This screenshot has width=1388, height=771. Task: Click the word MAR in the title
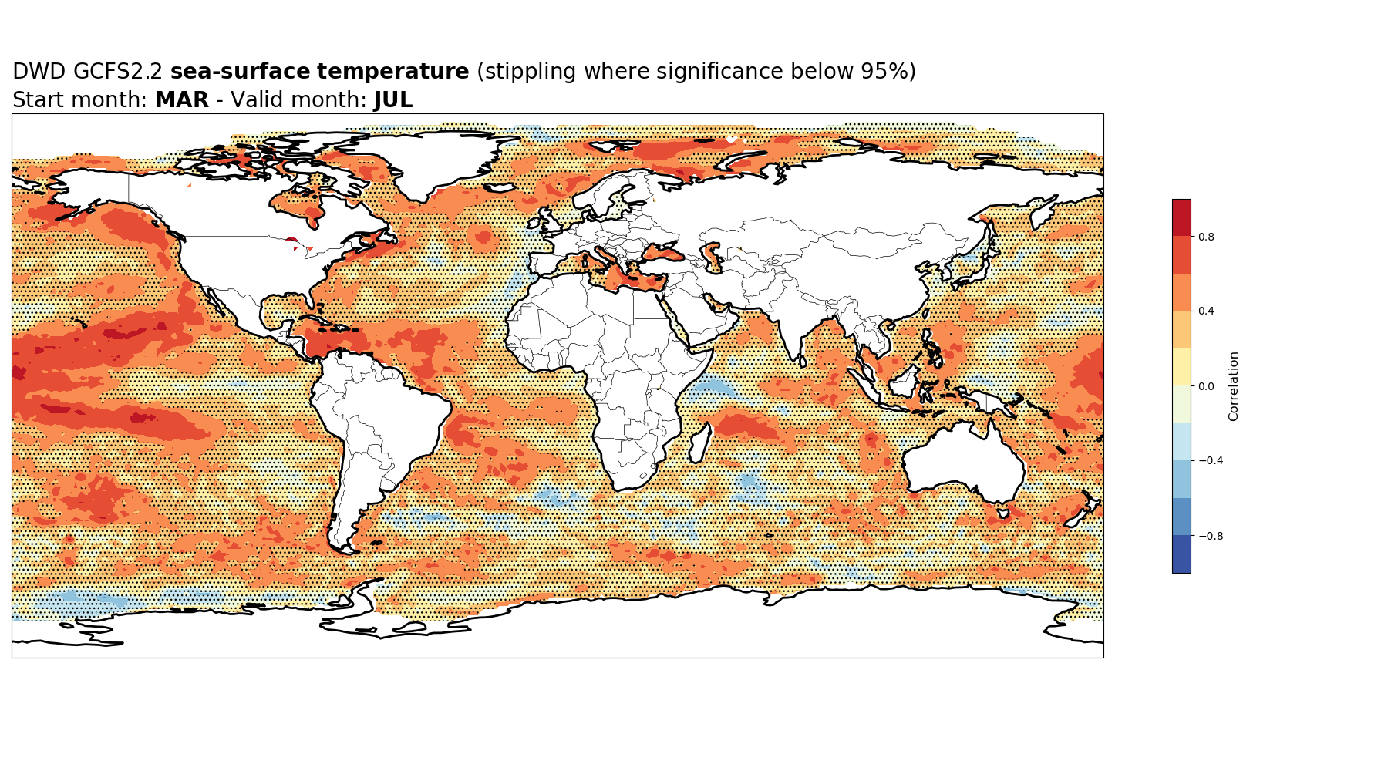(182, 100)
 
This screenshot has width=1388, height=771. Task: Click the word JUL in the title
(393, 100)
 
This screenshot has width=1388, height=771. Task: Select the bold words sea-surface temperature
(319, 72)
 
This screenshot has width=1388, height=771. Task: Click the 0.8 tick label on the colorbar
(1206, 237)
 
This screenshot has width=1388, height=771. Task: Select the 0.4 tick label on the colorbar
(1206, 311)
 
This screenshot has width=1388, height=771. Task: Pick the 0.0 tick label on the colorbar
(1206, 386)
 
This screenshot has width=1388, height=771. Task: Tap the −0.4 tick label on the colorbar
(1210, 461)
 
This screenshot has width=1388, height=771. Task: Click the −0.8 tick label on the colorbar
(1210, 536)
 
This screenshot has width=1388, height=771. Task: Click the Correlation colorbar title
(1234, 386)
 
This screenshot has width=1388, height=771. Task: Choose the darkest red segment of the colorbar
(1181, 217)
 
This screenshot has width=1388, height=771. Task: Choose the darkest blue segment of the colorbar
(1181, 554)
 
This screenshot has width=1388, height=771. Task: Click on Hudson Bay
(297, 204)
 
